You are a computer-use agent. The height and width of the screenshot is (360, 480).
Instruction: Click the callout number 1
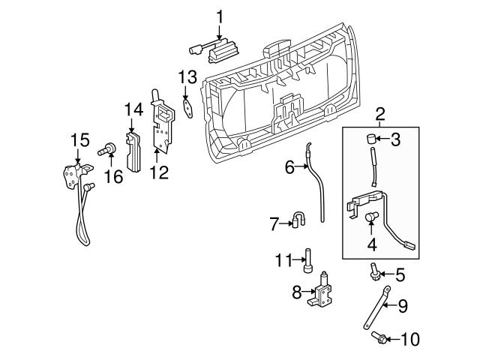[220, 16]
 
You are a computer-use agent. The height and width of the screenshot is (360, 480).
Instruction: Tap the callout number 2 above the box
[380, 115]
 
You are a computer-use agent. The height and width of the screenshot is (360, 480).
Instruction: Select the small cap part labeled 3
[370, 138]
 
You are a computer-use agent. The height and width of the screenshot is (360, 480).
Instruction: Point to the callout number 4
[371, 244]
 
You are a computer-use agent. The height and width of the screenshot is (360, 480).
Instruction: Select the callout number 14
[133, 110]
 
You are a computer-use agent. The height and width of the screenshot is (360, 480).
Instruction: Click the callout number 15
[79, 139]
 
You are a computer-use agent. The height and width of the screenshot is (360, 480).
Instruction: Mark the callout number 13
[187, 76]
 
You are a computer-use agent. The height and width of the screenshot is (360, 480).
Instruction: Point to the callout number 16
[112, 176]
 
